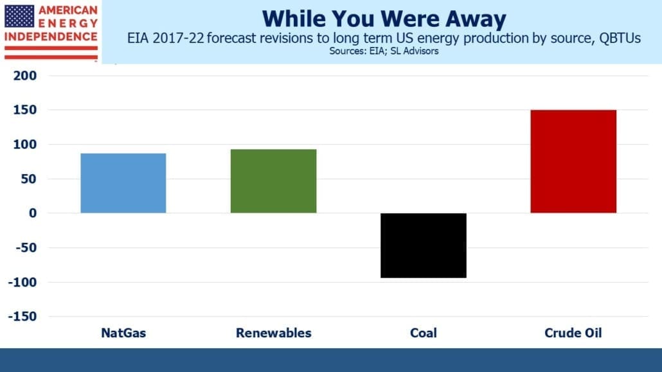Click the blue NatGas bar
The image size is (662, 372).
click(123, 183)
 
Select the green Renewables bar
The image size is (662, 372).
click(274, 181)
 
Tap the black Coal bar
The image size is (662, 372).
click(424, 245)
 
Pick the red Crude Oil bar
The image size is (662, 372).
click(573, 161)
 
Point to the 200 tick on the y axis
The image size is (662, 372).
click(25, 76)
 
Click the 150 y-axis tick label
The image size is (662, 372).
click(25, 110)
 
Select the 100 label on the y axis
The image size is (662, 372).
click(25, 145)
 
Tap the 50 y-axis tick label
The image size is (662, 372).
click(29, 179)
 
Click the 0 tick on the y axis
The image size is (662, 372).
click(33, 213)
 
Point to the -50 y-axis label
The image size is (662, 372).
click(26, 247)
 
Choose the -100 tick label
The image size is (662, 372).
click(22, 282)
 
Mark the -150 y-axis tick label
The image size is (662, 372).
click(22, 316)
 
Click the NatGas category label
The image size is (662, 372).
click(123, 333)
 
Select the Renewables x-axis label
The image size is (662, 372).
click(274, 333)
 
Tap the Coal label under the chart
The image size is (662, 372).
click(424, 333)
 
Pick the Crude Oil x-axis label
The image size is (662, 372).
click(573, 333)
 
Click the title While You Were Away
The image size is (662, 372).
click(384, 19)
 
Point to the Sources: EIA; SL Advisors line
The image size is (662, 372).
click(384, 51)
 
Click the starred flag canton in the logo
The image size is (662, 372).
click(19, 17)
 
